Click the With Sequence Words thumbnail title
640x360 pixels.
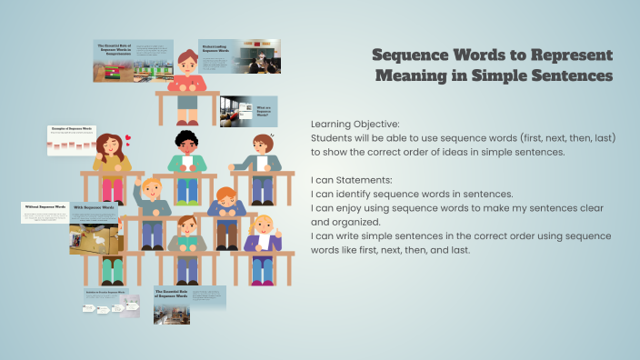(x=94, y=208)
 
